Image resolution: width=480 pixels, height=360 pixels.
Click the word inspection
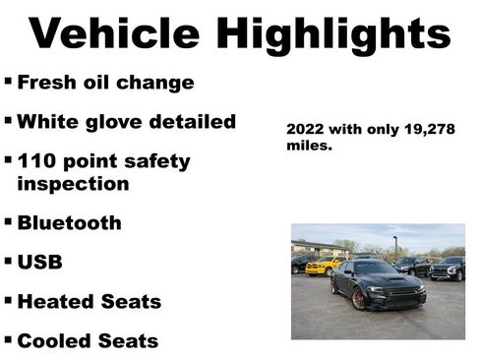tap(73, 184)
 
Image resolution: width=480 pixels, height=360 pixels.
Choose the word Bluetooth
tap(69, 223)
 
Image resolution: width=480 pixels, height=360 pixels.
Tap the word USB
tap(38, 264)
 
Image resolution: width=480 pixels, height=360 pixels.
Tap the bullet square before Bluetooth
tap(8, 221)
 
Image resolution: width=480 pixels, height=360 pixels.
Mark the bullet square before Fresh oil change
tap(8, 80)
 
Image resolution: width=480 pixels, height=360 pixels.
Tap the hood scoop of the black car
tap(396, 278)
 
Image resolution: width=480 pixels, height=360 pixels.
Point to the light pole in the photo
tap(394, 246)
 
